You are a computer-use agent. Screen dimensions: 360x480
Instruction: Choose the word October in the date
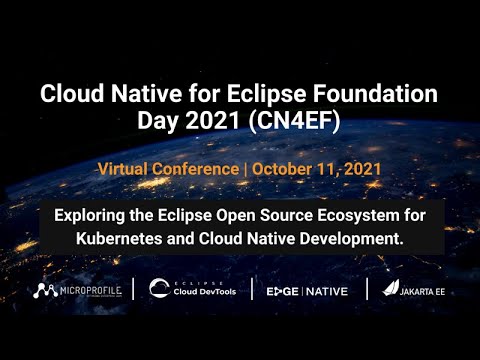click(x=285, y=168)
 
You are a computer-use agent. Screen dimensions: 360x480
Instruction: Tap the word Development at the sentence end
click(x=353, y=240)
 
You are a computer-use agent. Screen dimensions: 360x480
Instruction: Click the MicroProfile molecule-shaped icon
click(x=43, y=291)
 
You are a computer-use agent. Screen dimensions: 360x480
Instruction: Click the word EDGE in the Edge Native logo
click(x=282, y=291)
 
